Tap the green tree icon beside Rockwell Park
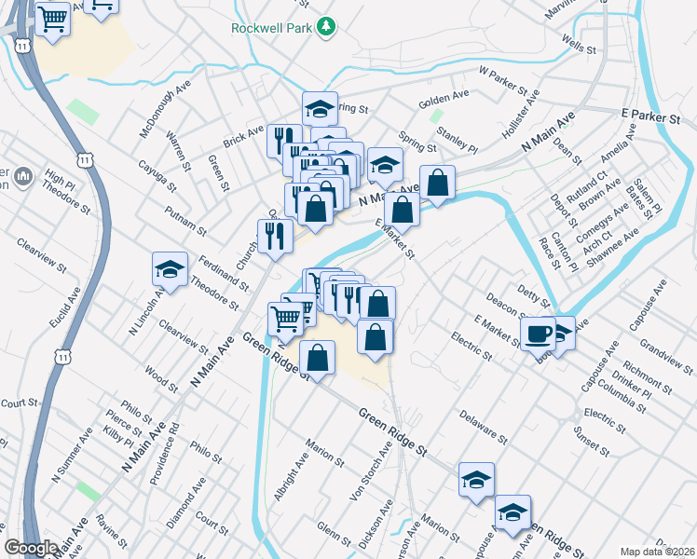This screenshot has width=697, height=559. point(325,27)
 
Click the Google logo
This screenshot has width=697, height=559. point(31,548)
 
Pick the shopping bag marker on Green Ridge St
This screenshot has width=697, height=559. point(318,358)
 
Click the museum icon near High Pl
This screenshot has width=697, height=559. point(24,175)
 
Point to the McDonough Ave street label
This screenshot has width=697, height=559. point(158,112)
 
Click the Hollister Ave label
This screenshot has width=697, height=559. point(523,111)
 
